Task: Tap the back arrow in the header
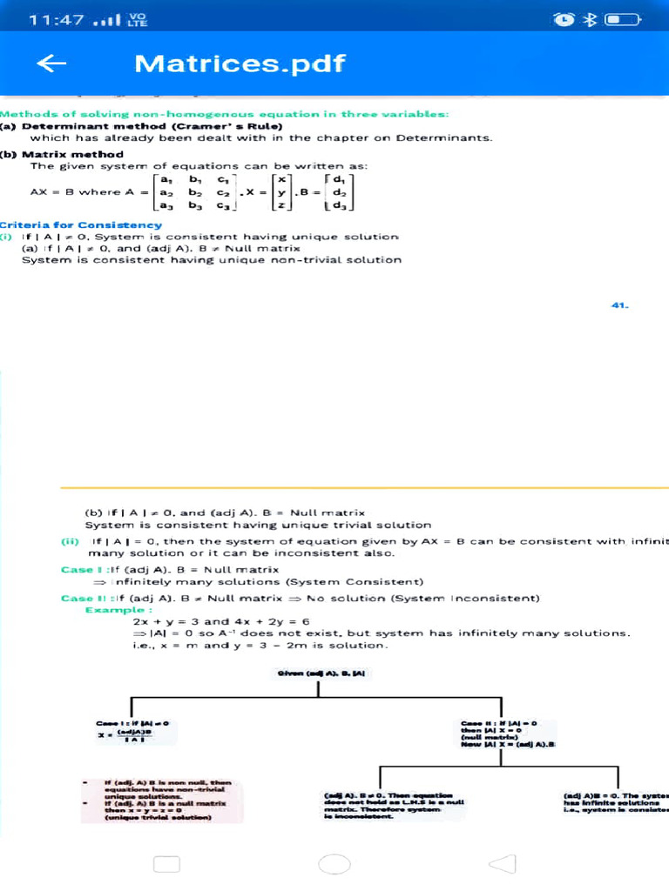(x=53, y=64)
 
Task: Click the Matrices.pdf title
(x=240, y=64)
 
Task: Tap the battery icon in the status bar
(x=624, y=20)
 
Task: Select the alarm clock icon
(x=564, y=20)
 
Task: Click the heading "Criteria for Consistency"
(x=81, y=224)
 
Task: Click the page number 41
(x=620, y=305)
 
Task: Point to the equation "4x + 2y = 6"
(x=271, y=621)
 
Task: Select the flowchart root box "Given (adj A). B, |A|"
(x=320, y=673)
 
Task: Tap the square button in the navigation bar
(x=166, y=863)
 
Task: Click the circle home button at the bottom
(x=334, y=863)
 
